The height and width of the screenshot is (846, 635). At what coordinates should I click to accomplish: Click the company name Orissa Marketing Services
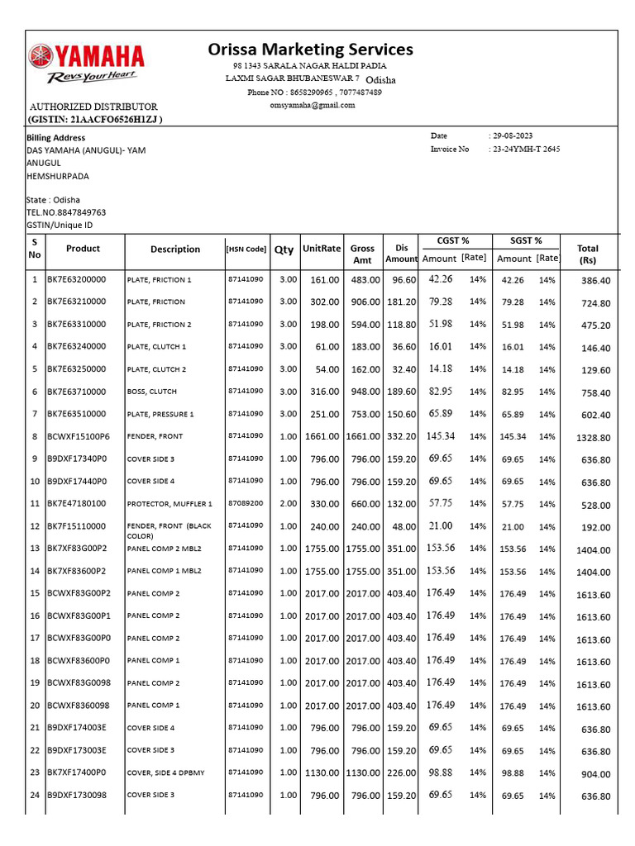click(x=310, y=50)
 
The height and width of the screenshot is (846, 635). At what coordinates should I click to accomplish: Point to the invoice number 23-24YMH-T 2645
click(x=526, y=150)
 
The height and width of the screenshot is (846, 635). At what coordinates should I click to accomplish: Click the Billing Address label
click(x=56, y=138)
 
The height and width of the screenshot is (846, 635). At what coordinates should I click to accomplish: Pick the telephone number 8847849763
click(x=79, y=212)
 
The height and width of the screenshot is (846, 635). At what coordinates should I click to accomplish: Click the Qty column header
click(x=284, y=250)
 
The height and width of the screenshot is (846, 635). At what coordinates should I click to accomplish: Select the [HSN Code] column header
click(x=246, y=250)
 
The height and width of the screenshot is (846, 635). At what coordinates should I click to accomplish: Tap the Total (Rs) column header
click(x=588, y=254)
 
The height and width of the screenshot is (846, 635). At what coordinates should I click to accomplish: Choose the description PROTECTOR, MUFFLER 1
click(x=169, y=503)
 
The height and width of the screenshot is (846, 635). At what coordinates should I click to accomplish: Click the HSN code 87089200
click(x=246, y=502)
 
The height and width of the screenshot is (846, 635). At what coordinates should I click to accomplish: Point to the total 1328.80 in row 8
click(x=593, y=437)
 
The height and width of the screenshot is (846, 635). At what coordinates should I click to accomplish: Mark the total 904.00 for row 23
click(x=596, y=774)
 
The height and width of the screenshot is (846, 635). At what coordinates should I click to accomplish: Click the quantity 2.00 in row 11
click(x=288, y=503)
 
